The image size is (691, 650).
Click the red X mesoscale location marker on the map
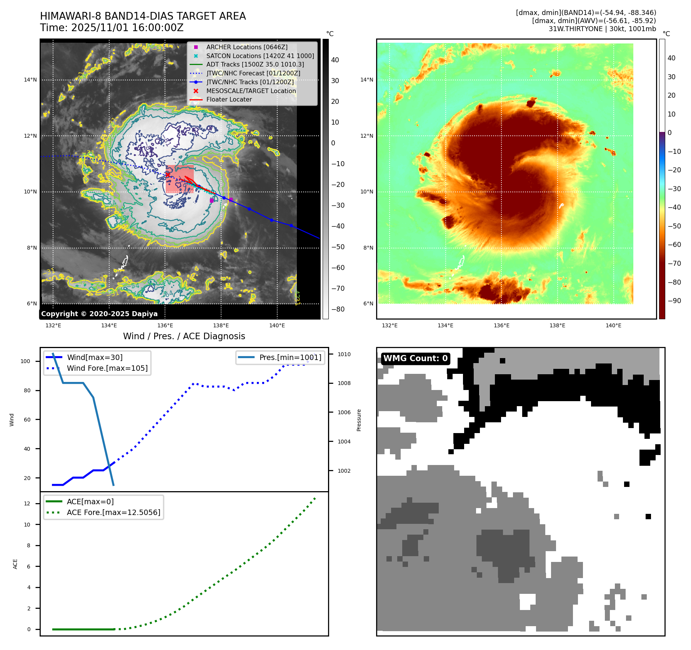pos(168,175)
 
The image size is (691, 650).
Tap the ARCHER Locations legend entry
pos(246,47)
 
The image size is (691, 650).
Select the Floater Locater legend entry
pos(229,99)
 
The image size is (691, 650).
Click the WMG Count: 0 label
pos(415,358)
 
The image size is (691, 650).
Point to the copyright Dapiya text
pos(99,314)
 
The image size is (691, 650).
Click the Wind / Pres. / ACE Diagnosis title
pos(184,336)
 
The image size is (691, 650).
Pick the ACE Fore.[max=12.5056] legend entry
pos(113,512)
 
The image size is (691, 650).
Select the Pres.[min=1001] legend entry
pos(290,357)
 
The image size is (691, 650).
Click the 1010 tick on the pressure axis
pos(344,354)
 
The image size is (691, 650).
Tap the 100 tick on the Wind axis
pos(25,361)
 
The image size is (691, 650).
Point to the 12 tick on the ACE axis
pos(27,503)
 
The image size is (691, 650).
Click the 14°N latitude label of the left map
pos(30,80)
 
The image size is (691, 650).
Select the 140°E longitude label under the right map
pos(613,325)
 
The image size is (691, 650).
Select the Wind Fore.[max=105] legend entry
pos(107,368)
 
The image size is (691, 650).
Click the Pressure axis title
pos(359,420)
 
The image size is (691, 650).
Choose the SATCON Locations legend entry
pos(260,56)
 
